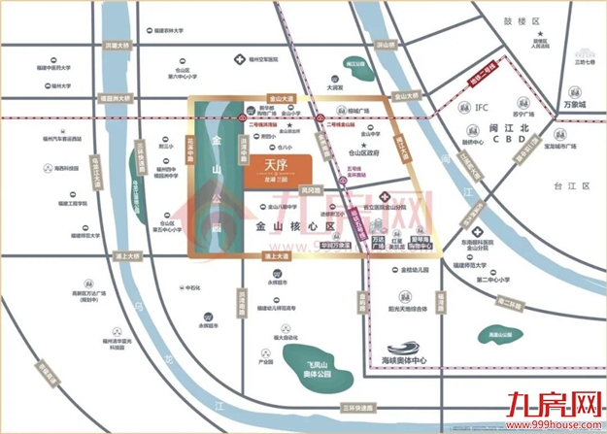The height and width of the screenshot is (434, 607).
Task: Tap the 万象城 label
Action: [569, 100]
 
